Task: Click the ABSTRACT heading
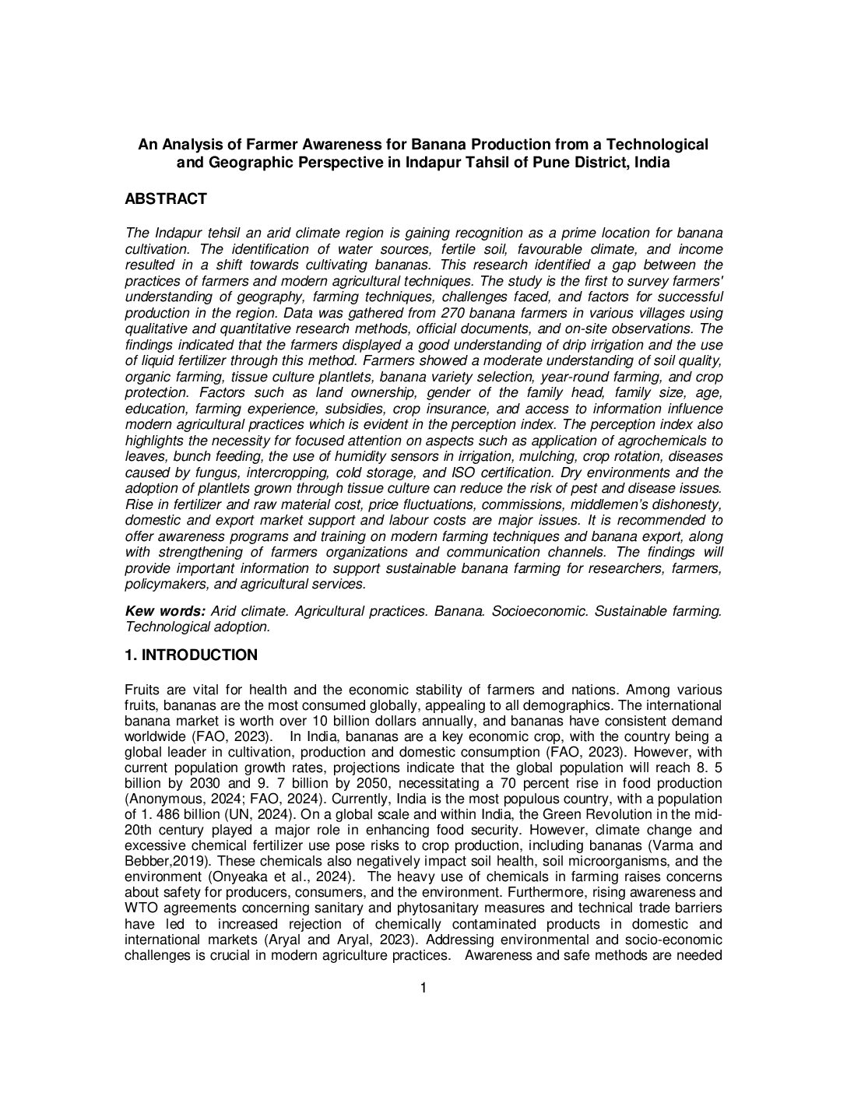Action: pos(166,199)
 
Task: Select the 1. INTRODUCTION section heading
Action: pos(191,655)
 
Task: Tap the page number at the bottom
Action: pos(423,989)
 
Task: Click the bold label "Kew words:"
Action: pos(166,611)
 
